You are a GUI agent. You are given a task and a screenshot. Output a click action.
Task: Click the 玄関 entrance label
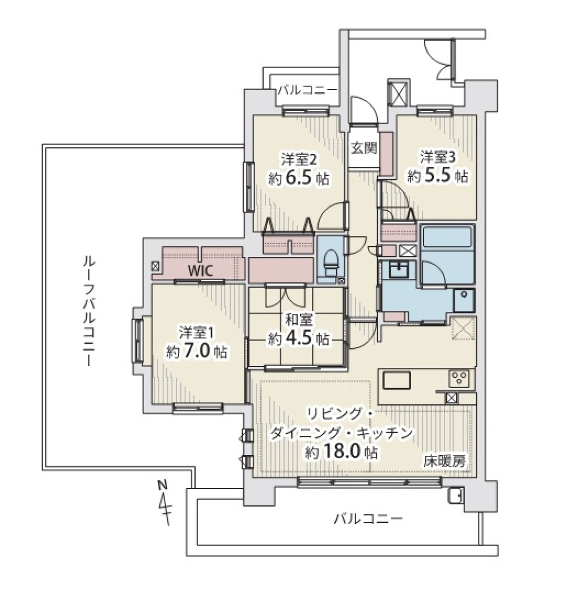(364, 148)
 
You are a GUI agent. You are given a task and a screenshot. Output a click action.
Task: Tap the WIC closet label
(201, 270)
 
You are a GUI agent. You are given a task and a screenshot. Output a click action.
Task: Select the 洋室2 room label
(299, 159)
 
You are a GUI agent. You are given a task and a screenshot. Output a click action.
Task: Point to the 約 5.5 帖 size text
(438, 176)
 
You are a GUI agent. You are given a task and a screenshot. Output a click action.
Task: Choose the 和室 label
(298, 320)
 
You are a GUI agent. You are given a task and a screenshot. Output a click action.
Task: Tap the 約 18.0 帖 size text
(341, 453)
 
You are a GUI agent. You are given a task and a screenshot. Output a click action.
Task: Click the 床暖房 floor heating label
(445, 462)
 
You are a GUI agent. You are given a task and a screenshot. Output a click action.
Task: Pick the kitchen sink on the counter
(396, 380)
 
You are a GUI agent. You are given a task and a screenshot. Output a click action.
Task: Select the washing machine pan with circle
(464, 299)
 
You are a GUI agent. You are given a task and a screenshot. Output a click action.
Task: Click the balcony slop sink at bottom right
(455, 496)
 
